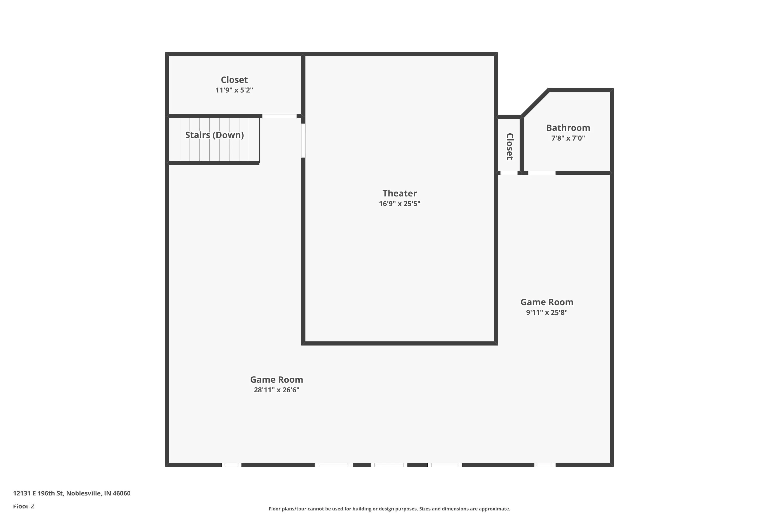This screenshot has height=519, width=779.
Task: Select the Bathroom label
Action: coord(568,128)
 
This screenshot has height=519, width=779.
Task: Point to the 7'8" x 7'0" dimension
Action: coord(568,138)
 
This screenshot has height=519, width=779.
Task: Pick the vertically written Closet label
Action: coord(510,146)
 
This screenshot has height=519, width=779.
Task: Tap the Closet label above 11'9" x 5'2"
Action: coord(234,80)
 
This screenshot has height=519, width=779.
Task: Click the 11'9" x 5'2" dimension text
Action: coord(234,90)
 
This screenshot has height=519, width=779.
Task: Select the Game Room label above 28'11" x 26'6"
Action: coord(277,379)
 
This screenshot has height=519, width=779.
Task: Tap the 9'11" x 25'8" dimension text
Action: coord(547,312)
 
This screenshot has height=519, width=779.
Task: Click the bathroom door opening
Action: coord(541,173)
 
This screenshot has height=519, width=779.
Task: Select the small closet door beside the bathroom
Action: coord(509,173)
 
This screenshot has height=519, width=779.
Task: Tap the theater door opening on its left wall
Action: coord(303,140)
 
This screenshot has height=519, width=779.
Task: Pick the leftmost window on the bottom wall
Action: coord(232,465)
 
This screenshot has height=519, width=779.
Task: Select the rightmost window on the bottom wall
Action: coord(545,465)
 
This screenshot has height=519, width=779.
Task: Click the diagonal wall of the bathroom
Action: coord(535,103)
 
